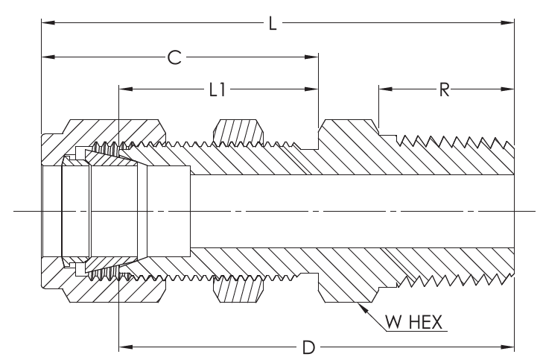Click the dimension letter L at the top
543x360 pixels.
[273, 24]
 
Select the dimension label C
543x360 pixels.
[174, 57]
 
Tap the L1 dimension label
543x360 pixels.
[217, 90]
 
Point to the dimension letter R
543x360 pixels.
[443, 90]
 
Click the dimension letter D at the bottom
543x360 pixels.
[308, 347]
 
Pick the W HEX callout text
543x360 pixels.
[413, 323]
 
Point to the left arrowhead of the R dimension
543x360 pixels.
[384, 90]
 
